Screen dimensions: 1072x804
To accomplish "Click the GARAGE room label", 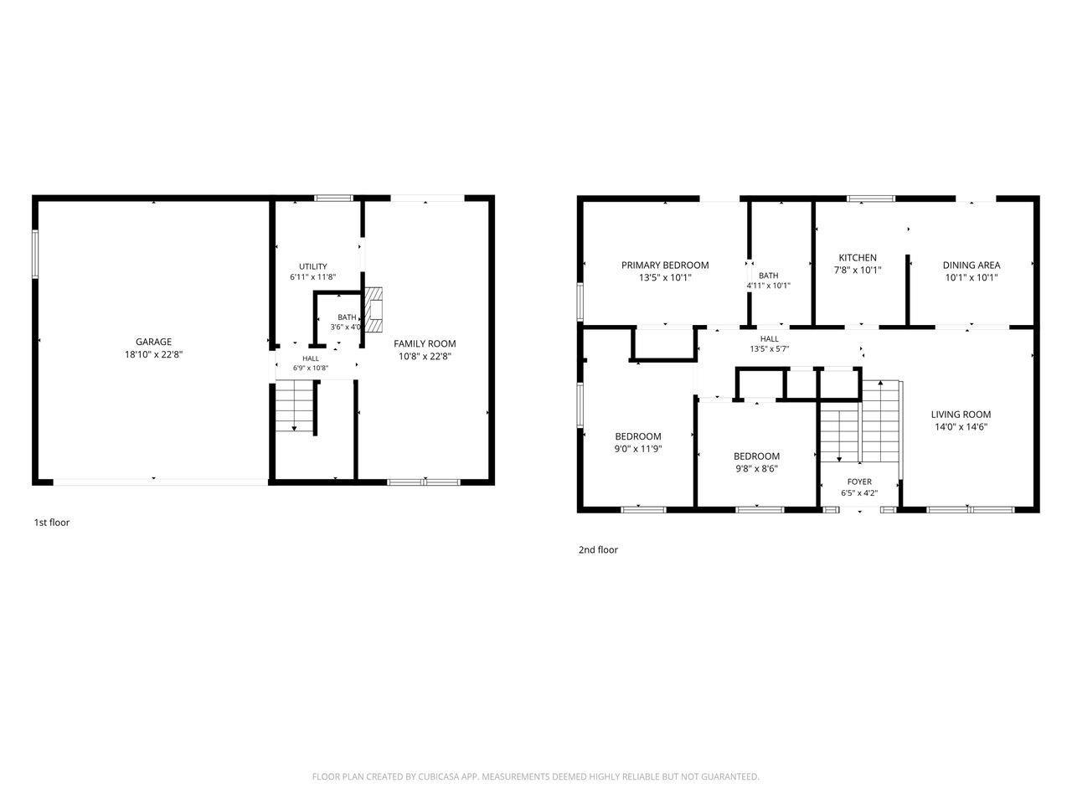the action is pos(153,342).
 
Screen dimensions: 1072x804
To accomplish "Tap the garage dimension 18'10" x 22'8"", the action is pos(153,354).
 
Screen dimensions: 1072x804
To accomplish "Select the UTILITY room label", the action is pos(312,266).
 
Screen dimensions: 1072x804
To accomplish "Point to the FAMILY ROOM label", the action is pos(425,343).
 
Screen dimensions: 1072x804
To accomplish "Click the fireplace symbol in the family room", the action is pos(374,310).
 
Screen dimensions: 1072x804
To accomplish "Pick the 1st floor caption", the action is pos(52,523).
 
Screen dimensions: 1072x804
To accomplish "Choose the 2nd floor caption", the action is pos(598,549).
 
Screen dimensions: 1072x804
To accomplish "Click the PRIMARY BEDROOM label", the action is pos(665,265).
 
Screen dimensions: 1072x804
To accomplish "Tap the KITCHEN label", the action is pos(858,258).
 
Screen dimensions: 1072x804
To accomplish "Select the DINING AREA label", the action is pos(971,265).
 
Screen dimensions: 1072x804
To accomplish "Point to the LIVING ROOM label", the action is pos(961,415).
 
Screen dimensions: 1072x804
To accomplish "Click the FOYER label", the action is pos(859,482).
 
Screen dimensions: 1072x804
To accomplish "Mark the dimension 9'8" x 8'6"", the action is pos(756,469).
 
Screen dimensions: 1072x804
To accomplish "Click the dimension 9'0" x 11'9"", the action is pos(638,449).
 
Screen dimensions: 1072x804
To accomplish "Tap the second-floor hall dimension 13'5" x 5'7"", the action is pos(769,349).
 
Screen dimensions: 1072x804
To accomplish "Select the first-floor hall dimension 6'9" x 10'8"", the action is pos(311,368).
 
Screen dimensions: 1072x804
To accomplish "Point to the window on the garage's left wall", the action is pos(35,255).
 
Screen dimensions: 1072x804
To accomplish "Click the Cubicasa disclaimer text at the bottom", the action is pos(536,776).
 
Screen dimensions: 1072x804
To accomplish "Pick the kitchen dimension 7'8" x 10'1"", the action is pos(858,270).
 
